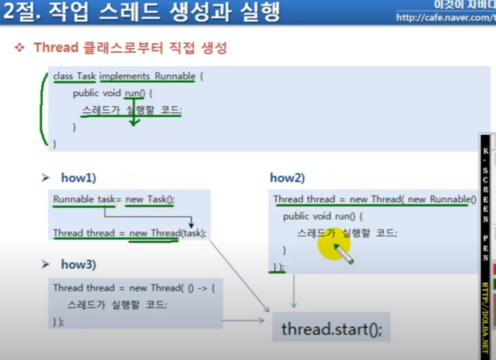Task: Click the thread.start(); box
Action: point(331,329)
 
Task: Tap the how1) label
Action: point(78,178)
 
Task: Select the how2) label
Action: point(287,178)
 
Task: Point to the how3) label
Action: point(78,265)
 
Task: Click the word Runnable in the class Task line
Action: point(175,76)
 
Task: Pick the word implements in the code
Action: point(124,76)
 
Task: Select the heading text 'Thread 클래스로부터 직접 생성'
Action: point(130,48)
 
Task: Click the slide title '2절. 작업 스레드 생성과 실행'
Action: point(141,13)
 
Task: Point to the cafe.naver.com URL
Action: point(446,18)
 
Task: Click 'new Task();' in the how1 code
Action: point(149,199)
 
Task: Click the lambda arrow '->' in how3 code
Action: point(202,288)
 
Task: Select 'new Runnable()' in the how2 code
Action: point(442,199)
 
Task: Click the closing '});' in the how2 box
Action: point(279,267)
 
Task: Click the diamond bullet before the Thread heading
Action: point(20,48)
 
